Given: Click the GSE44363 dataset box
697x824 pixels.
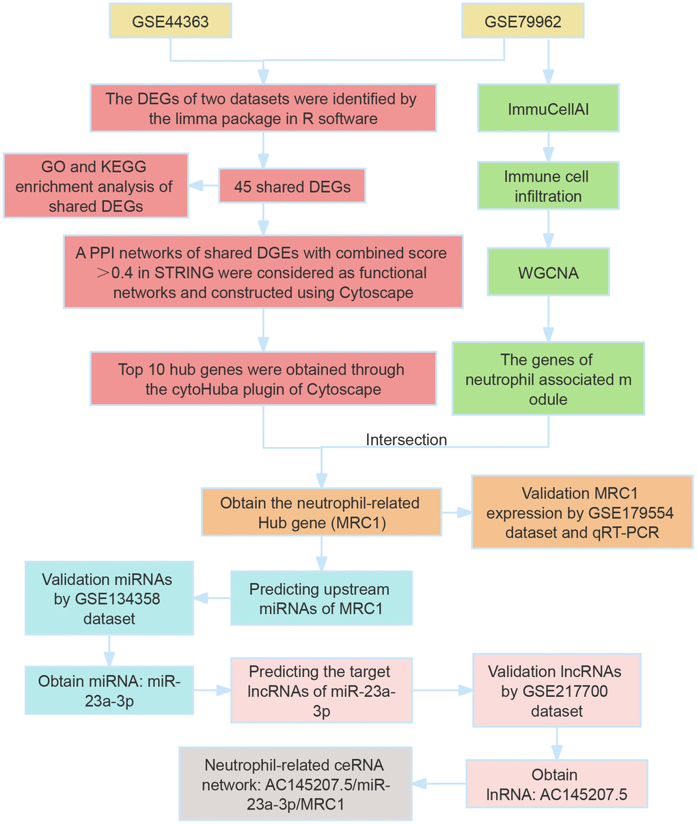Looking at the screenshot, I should click(170, 20).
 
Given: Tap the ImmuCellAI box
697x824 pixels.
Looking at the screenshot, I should click(548, 108).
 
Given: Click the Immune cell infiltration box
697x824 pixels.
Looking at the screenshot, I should click(548, 186).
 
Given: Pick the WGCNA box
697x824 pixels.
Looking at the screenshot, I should click(548, 272).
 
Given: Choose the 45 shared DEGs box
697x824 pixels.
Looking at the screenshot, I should click(292, 186).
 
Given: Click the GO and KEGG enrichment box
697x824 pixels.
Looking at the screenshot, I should click(96, 186).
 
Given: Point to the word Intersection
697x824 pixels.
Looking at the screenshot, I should click(406, 440).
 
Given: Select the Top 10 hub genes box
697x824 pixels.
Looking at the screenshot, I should click(263, 379).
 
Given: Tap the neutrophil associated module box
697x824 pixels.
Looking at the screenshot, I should click(548, 379).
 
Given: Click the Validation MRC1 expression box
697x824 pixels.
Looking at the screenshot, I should click(582, 512).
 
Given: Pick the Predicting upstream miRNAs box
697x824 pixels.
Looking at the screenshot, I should click(321, 598).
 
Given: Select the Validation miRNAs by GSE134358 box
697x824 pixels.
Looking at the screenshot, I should click(109, 598).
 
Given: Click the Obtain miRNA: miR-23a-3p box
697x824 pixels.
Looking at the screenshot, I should click(109, 690).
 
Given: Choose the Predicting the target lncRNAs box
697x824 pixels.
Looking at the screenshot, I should click(321, 690).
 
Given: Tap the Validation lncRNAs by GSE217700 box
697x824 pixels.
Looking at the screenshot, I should click(556, 690).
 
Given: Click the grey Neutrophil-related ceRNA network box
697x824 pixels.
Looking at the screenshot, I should click(295, 784).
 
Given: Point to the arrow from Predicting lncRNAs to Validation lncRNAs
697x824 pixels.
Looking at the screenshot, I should click(442, 690).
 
